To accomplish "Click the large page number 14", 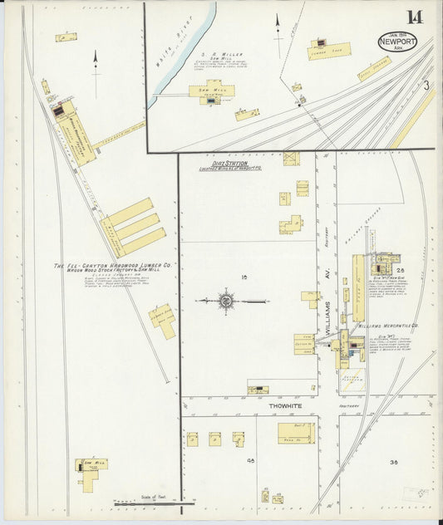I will [413, 17].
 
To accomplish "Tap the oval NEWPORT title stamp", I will [396, 41].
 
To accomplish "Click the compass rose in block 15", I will [225, 301].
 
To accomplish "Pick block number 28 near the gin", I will [400, 272].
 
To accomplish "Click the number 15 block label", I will [245, 276].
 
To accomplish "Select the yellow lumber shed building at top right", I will [329, 50].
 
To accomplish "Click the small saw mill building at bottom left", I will [92, 466].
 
